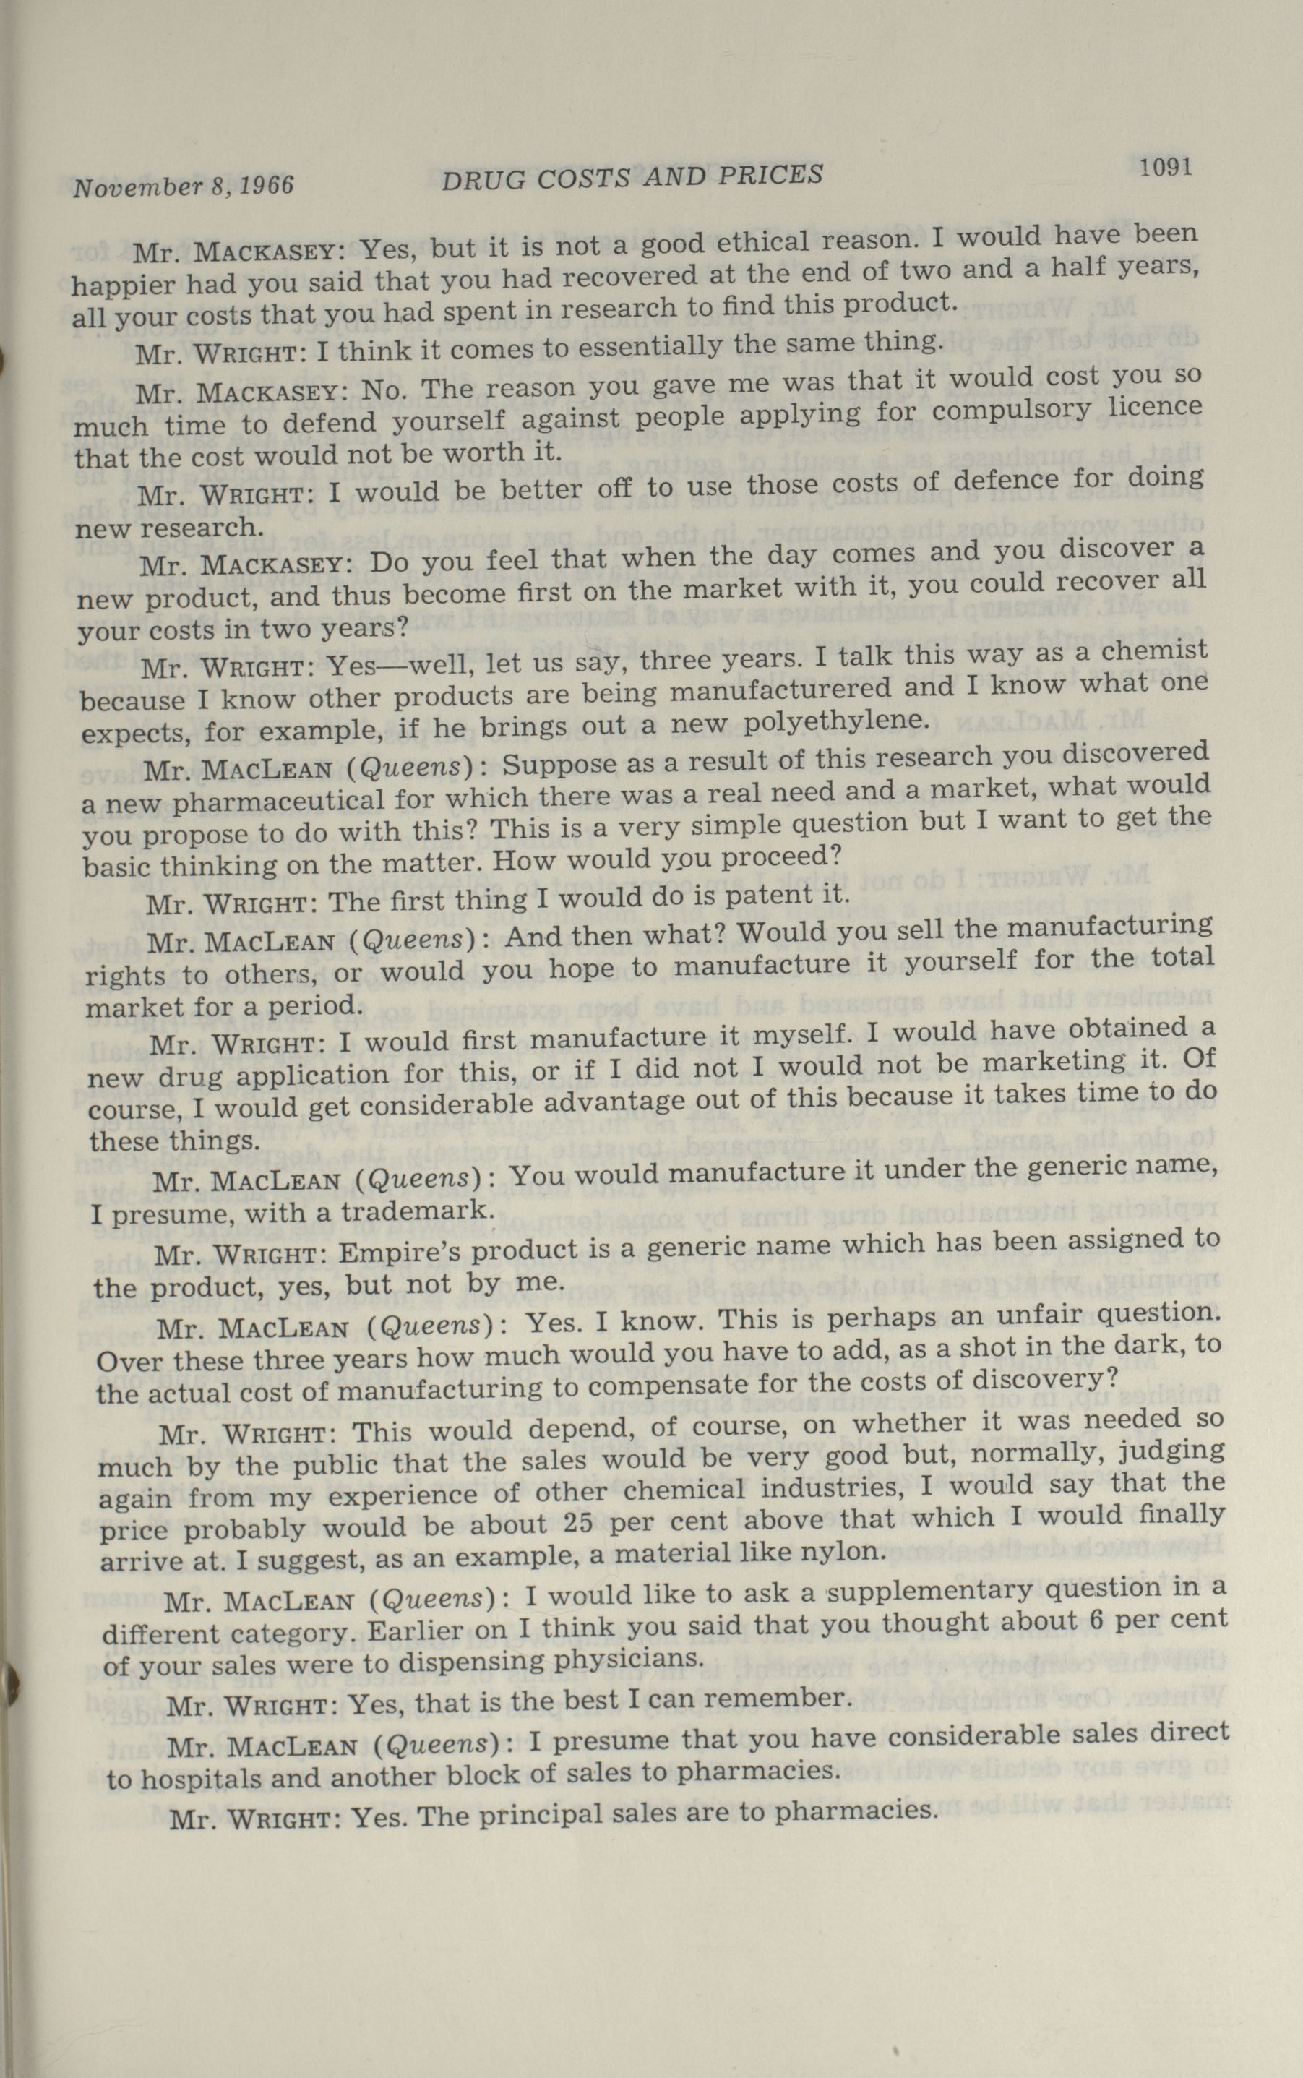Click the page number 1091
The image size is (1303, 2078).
point(1165,168)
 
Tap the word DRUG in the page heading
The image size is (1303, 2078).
point(478,180)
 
